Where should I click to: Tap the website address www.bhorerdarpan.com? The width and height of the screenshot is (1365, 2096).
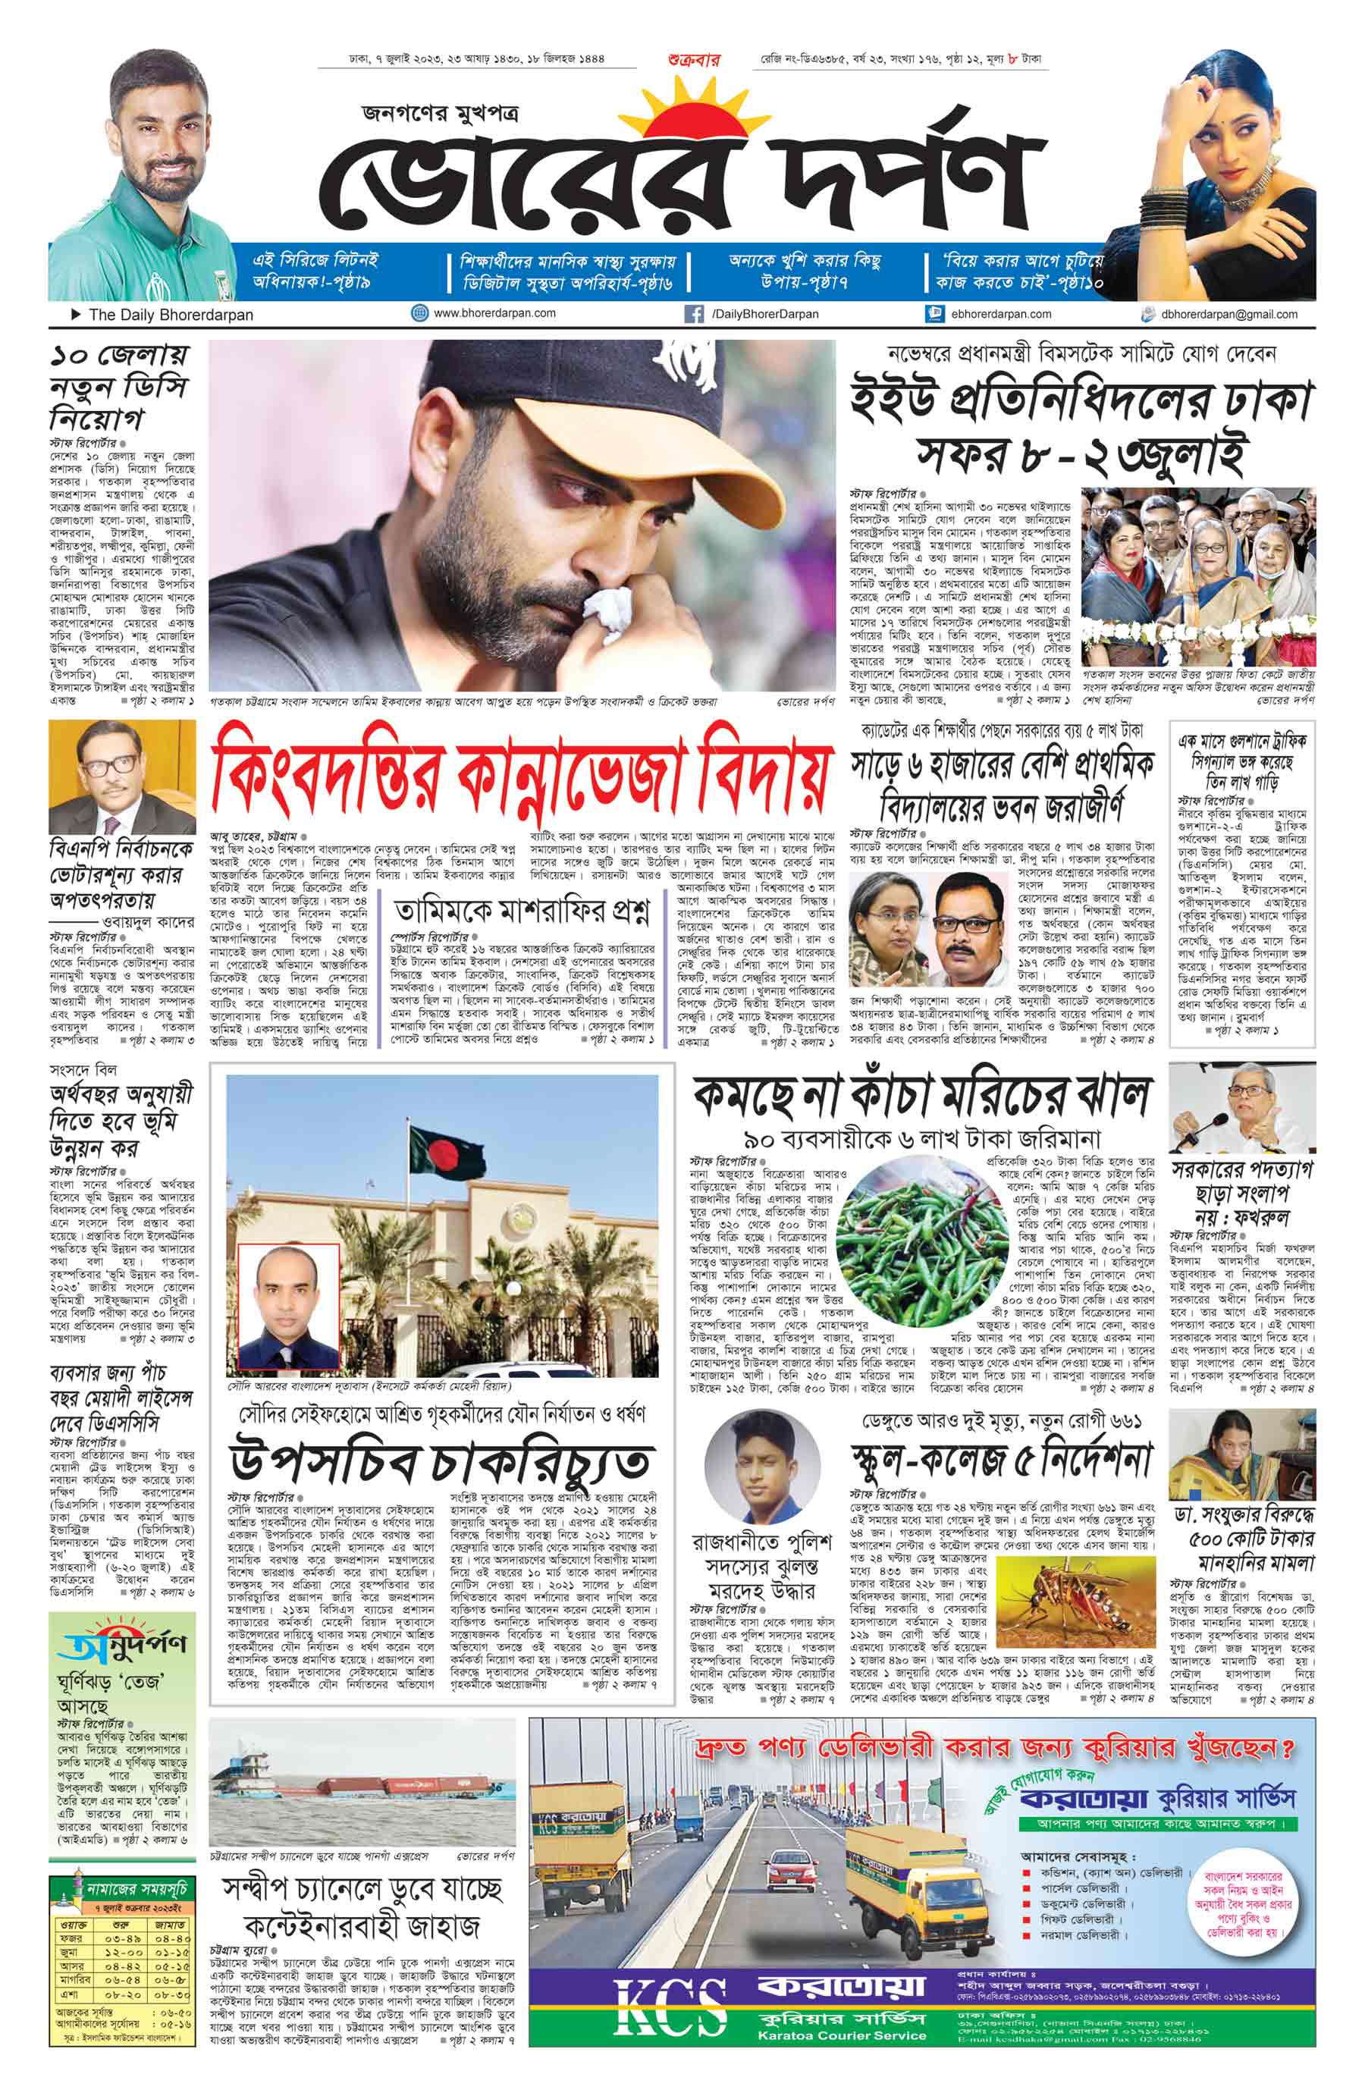click(494, 312)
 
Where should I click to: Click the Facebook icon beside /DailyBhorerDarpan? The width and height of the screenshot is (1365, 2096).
click(694, 313)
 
